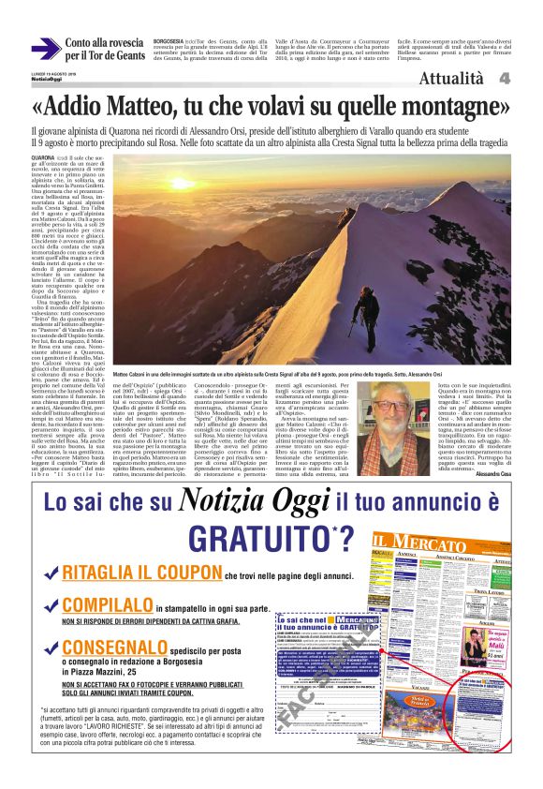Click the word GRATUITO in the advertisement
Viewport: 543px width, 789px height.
252,538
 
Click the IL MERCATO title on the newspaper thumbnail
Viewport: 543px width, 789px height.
435,542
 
